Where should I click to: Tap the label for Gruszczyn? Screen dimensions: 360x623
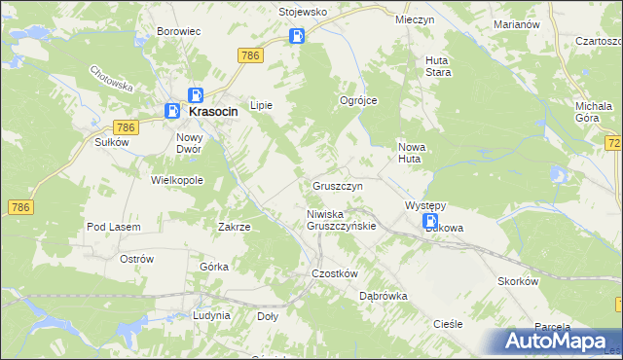(338, 185)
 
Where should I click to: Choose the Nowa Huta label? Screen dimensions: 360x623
(413, 153)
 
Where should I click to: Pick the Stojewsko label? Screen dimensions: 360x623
(302, 13)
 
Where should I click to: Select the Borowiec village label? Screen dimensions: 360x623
(178, 31)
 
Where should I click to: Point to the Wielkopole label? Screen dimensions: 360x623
(176, 180)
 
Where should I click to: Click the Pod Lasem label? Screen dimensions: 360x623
(114, 227)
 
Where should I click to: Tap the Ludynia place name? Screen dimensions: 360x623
(211, 315)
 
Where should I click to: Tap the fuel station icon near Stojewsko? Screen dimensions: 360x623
(297, 37)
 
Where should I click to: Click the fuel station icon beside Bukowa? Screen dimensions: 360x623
(430, 223)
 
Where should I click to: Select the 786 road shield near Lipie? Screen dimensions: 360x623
(249, 56)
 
